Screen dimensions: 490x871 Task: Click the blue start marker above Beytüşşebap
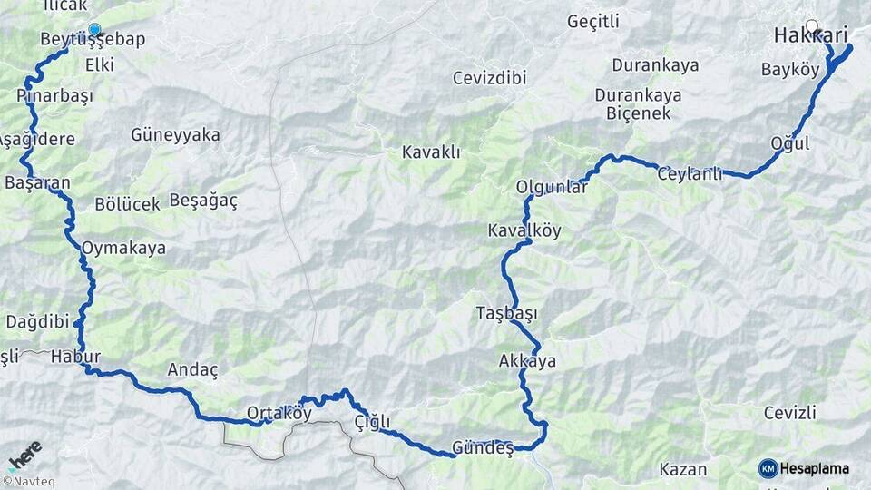pos(94,29)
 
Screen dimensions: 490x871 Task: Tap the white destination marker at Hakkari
pos(811,27)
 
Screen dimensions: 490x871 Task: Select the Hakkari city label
pos(810,36)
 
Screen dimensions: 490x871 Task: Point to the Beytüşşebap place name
pos(93,40)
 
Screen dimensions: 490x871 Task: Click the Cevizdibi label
pos(489,78)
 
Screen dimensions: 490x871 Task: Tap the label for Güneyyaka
pos(175,135)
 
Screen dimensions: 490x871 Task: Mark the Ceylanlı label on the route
pos(690,174)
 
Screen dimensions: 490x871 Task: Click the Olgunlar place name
pos(552,187)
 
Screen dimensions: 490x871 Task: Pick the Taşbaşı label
pos(506,314)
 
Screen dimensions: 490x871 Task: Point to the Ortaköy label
pos(279,413)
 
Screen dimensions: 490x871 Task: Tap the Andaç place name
pos(193,369)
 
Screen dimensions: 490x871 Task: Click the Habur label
pos(75,356)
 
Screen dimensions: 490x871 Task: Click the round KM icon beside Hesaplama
pos(768,468)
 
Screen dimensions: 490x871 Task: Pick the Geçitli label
pos(592,20)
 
